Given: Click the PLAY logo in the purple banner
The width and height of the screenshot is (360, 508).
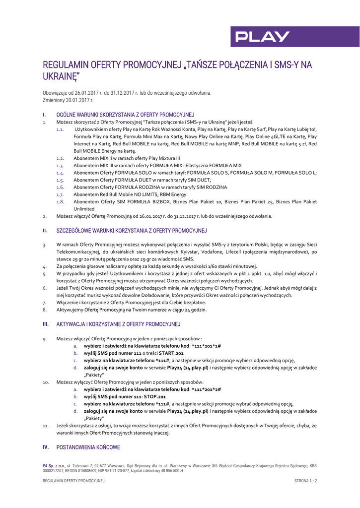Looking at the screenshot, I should [x=263, y=37].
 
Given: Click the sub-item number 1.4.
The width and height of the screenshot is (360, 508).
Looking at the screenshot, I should [x=60, y=173].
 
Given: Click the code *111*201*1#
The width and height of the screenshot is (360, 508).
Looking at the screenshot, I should [x=206, y=346].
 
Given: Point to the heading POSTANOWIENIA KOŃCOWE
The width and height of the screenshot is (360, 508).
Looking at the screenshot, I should [x=88, y=447].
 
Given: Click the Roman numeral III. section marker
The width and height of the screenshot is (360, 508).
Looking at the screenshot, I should [x=46, y=324].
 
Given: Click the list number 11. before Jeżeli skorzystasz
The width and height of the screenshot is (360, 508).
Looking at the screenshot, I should [x=46, y=426].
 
